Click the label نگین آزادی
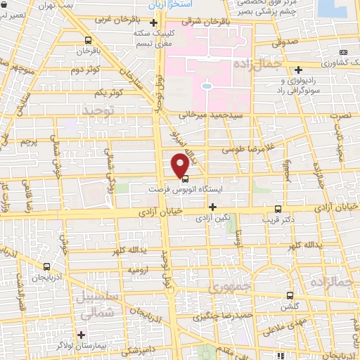212,219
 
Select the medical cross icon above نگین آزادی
213,207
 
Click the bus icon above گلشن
290,296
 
